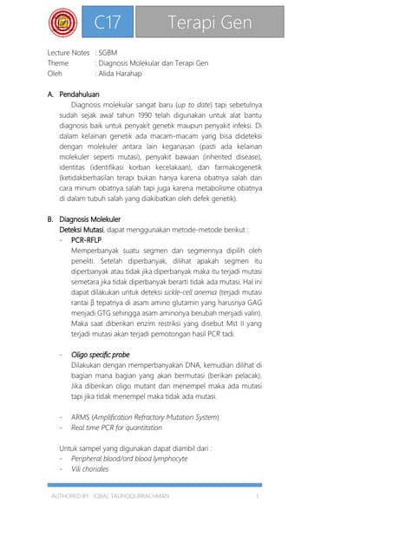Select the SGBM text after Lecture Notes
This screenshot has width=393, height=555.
click(108, 53)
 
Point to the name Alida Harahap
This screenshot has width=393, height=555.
click(128, 74)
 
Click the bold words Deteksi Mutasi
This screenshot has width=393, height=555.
click(81, 230)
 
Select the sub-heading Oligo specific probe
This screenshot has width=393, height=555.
click(100, 356)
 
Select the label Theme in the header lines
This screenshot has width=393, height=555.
click(57, 63)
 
